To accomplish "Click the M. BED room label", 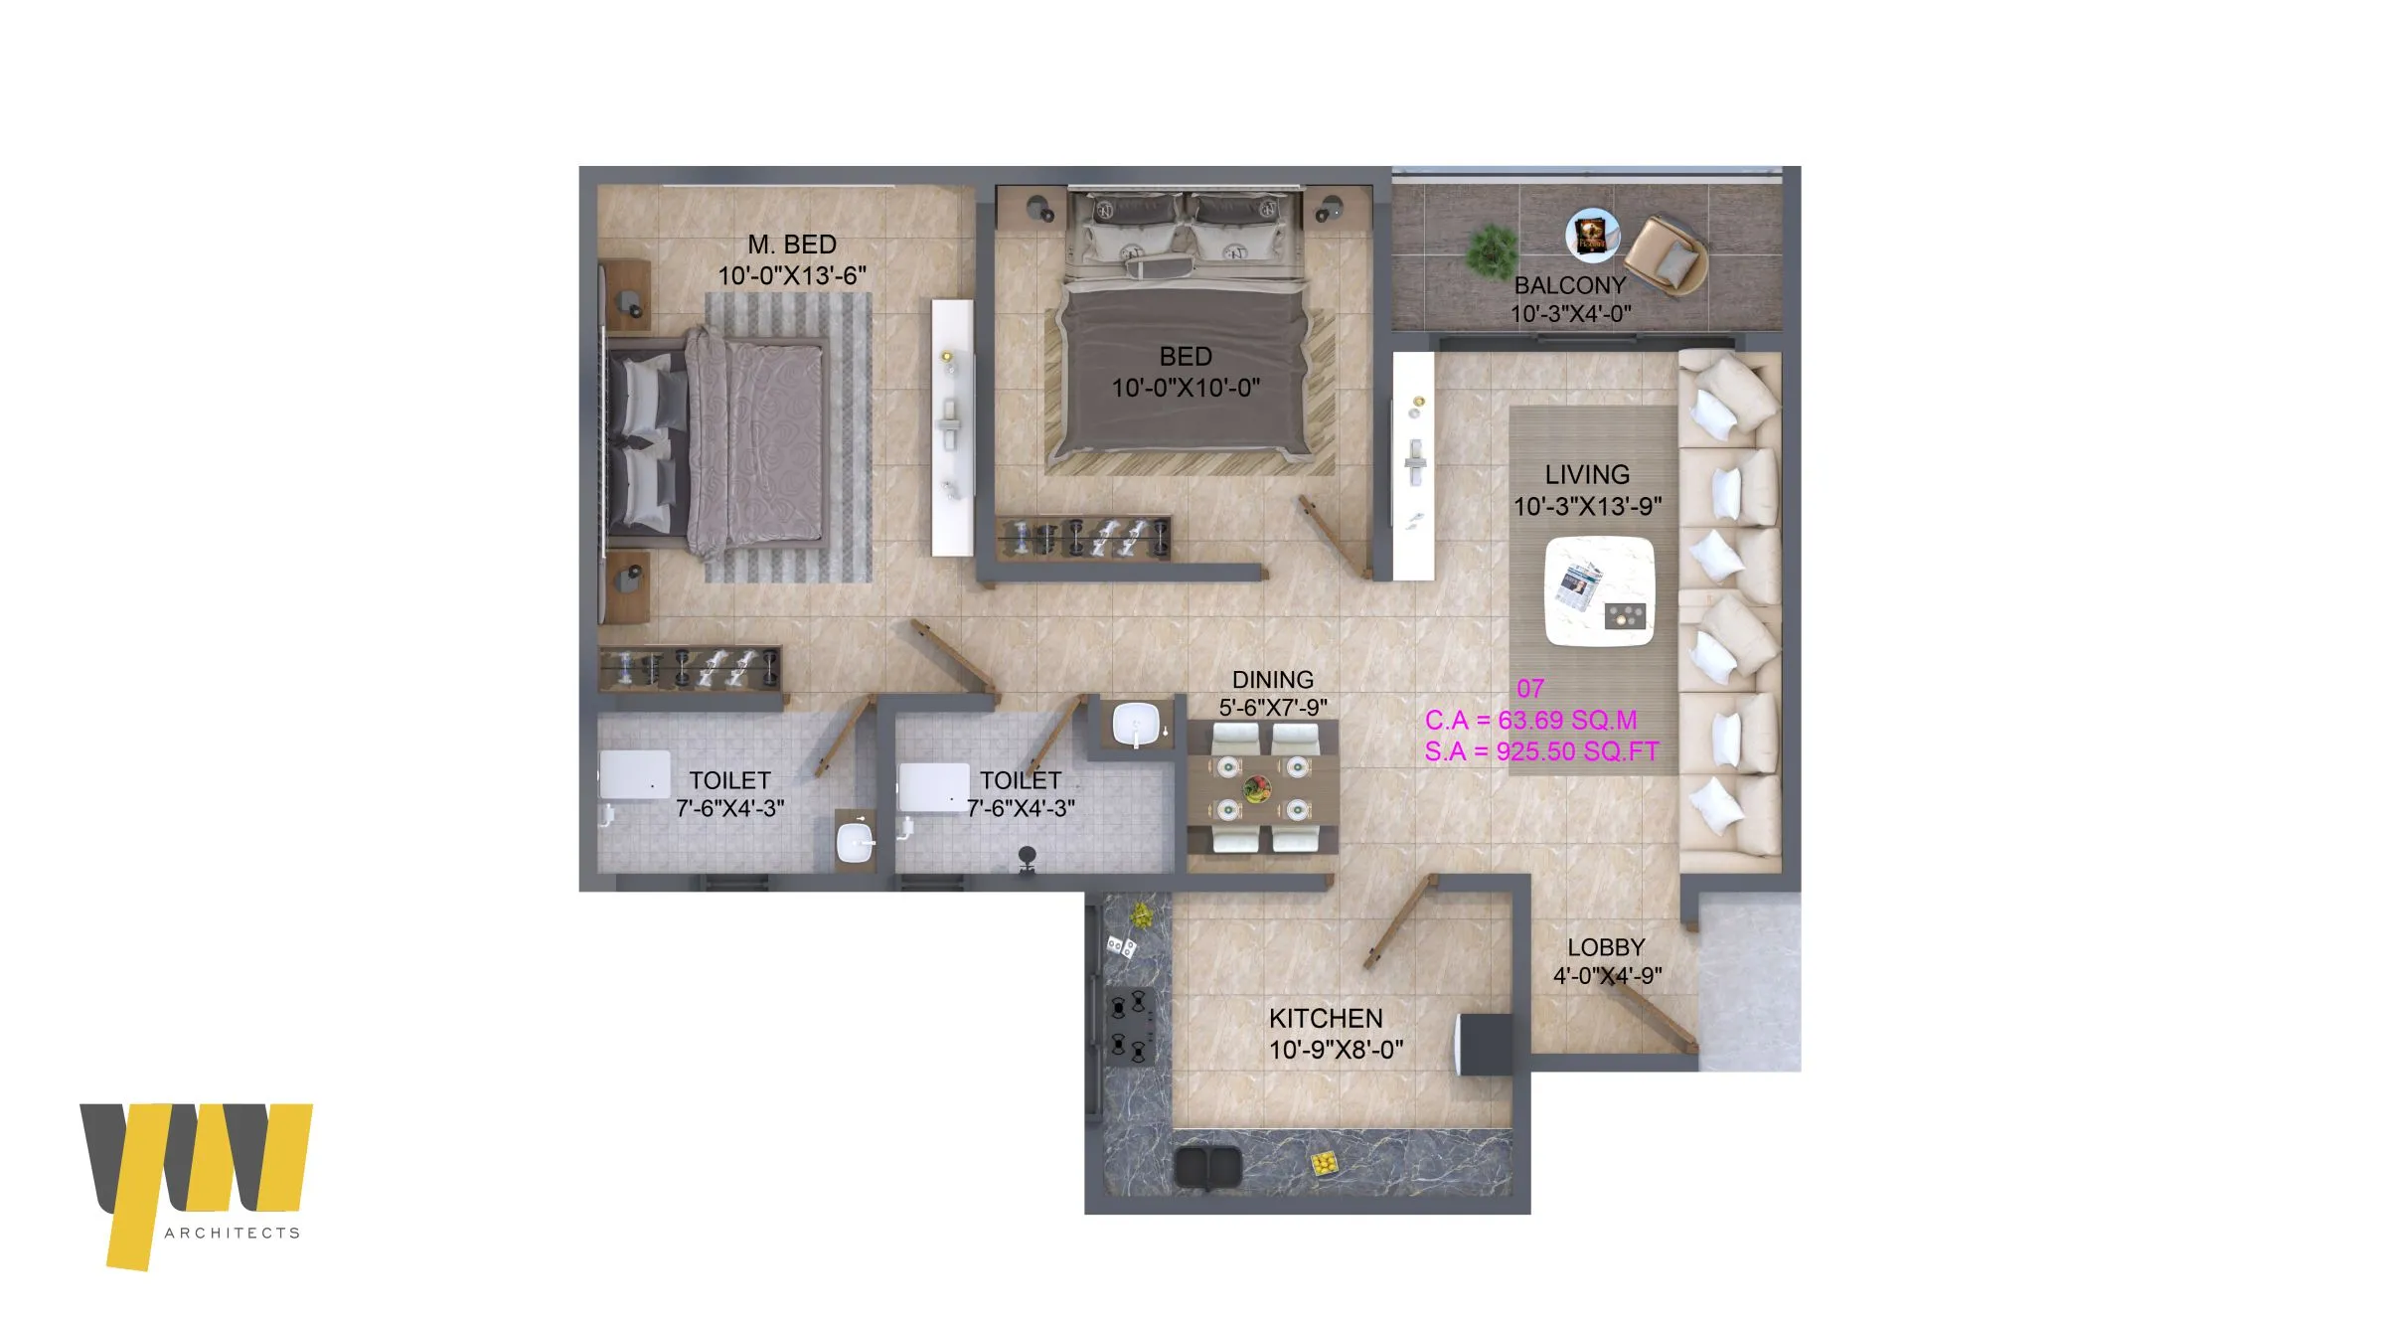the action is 792,245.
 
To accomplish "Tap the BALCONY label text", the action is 1570,285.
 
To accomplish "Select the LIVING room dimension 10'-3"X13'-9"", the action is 1587,506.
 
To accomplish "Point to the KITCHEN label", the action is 1326,1018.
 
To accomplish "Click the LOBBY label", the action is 1606,947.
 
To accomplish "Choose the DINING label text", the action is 1273,680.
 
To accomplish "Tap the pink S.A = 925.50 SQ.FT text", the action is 1542,751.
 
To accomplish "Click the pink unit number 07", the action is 1530,688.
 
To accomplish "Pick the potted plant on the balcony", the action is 1491,250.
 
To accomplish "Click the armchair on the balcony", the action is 1667,256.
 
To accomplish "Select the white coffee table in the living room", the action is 1600,591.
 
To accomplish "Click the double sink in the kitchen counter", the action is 1206,1166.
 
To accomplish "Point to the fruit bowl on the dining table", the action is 1257,789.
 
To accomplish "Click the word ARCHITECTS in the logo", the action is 233,1233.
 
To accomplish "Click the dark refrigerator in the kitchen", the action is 1483,1045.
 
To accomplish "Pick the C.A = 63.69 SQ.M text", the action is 1530,720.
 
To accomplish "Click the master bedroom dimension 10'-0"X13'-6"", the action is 792,275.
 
